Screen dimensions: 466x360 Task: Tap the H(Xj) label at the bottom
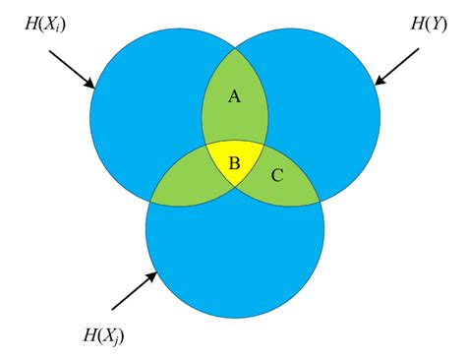[100, 337]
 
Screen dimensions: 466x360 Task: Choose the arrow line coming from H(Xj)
[133, 291]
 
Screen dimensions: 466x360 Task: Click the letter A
[234, 96]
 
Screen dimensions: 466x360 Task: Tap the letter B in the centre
[234, 162]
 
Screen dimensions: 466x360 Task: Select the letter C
[277, 177]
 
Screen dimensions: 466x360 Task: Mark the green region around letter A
[234, 113]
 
